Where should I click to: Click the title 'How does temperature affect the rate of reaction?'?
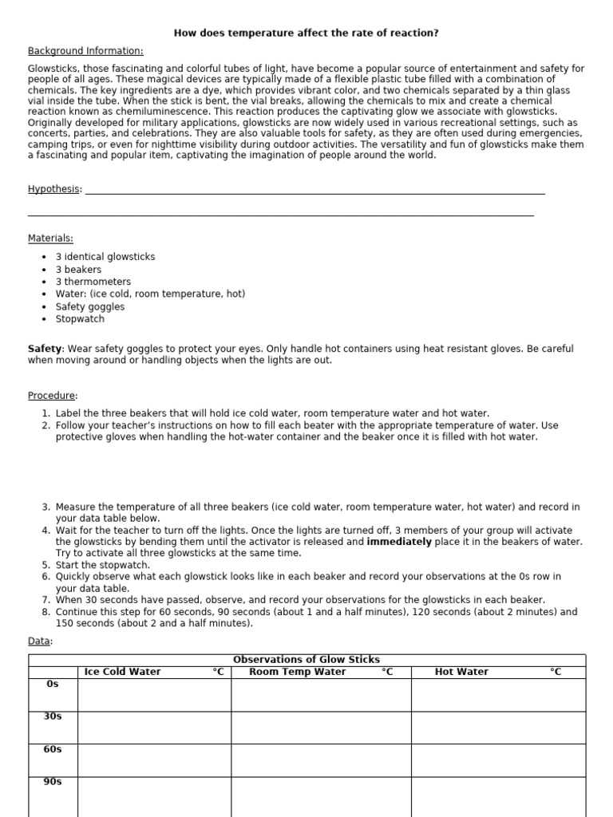click(x=306, y=33)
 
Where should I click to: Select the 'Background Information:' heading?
click(x=85, y=51)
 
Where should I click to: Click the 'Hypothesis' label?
click(x=53, y=189)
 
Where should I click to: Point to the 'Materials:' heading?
click(x=50, y=238)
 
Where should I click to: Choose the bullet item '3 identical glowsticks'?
click(x=105, y=257)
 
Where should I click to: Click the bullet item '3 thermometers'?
click(x=93, y=282)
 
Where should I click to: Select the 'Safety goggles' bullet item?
click(x=89, y=306)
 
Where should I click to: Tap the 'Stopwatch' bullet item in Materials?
click(x=80, y=319)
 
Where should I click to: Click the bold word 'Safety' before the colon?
click(x=45, y=349)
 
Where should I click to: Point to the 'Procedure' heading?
click(x=52, y=396)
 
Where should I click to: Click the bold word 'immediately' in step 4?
click(x=399, y=542)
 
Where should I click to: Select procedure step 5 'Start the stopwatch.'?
click(x=103, y=565)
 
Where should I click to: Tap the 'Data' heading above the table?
click(x=39, y=641)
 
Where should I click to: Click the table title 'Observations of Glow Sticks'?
click(x=306, y=660)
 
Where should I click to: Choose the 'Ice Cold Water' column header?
click(x=122, y=672)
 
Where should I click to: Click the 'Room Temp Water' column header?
click(x=298, y=672)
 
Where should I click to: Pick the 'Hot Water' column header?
click(x=461, y=672)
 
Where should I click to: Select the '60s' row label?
click(x=53, y=749)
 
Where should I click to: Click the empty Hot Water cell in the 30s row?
click(x=498, y=727)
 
